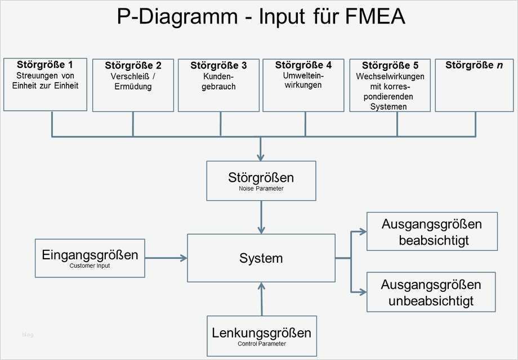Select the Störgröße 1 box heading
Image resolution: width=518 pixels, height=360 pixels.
point(45,64)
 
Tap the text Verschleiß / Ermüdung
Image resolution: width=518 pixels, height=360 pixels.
point(133,82)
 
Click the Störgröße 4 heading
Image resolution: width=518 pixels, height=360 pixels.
point(303,65)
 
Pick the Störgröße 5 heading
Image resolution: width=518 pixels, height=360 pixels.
point(390,65)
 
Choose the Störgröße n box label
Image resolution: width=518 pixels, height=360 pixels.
point(474,65)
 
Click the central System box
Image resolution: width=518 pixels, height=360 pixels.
point(261,258)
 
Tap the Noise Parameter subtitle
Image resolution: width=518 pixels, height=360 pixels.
point(261,189)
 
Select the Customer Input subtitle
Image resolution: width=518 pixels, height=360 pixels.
point(90,265)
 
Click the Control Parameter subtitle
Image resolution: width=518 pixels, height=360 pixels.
point(261,344)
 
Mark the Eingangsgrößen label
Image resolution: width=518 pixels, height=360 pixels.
point(90,255)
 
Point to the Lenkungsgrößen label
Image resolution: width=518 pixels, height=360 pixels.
point(261,332)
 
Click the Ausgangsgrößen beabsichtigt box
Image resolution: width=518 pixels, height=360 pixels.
point(432,231)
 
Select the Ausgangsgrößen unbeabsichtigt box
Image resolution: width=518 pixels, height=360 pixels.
point(431,292)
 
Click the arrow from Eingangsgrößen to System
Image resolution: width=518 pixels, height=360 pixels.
point(166,258)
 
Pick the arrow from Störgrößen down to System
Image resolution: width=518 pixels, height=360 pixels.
point(261,217)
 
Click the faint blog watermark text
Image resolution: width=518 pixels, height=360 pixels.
point(28,335)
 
